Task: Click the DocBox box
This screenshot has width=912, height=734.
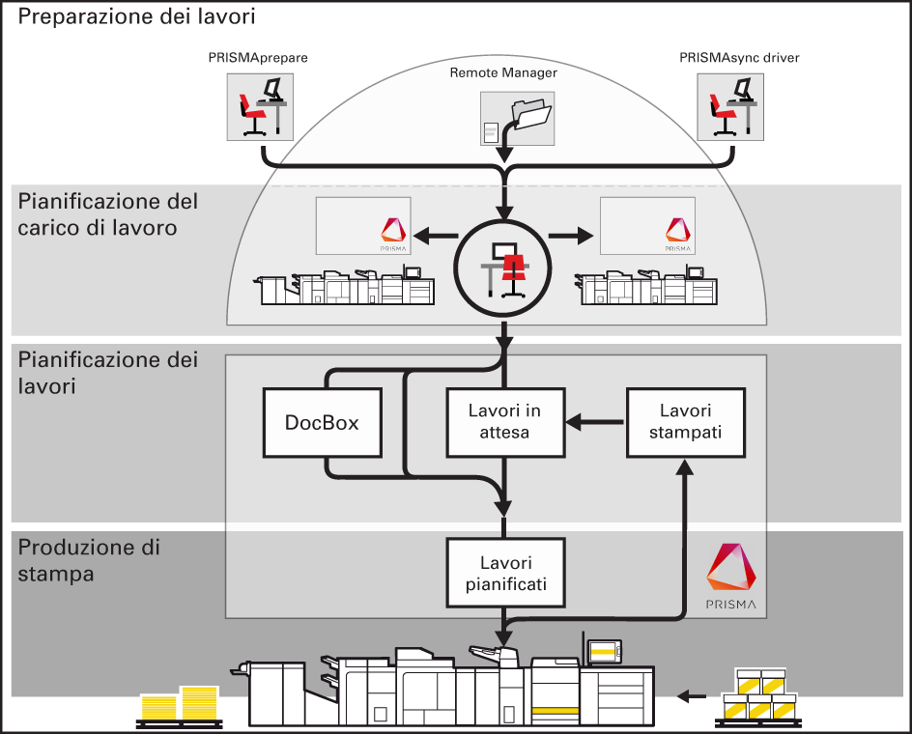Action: tap(323, 422)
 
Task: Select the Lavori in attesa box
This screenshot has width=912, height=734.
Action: tap(504, 422)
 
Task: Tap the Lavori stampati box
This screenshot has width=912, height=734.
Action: tap(686, 422)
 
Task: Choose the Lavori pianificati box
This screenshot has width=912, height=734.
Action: tap(504, 573)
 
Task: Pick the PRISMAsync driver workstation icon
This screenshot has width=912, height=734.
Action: tap(730, 106)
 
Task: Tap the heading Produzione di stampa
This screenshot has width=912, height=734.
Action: tap(89, 560)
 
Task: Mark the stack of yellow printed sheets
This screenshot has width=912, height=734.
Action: tap(180, 705)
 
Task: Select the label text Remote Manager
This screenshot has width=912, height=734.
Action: tap(503, 72)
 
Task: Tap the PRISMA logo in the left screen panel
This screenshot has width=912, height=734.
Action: tap(392, 230)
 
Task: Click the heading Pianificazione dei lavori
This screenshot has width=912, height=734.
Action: tap(108, 373)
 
